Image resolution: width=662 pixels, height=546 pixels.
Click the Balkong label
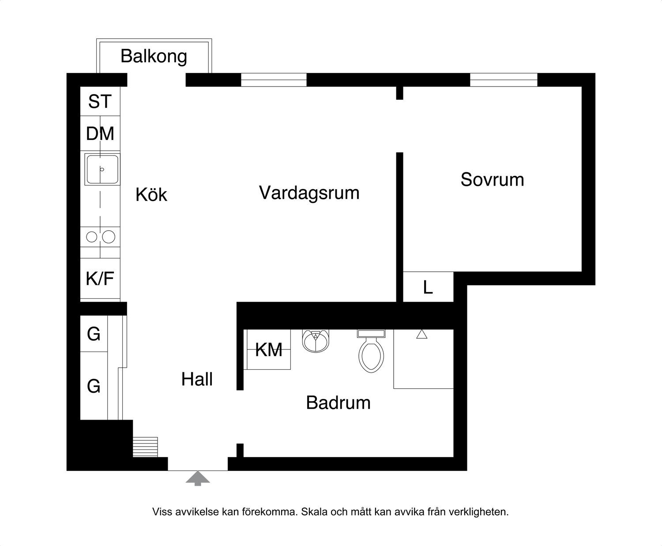click(154, 57)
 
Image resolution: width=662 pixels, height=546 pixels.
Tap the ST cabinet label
click(100, 102)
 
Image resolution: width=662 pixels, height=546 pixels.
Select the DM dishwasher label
click(100, 133)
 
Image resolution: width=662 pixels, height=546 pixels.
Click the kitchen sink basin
click(102, 169)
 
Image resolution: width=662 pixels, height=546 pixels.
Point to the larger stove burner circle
click(109, 237)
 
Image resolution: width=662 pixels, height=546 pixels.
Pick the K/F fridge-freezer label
click(100, 278)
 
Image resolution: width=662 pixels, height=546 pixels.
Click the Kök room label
click(151, 194)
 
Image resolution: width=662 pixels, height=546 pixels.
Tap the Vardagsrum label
click(309, 193)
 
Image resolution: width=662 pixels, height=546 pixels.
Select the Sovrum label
click(492, 179)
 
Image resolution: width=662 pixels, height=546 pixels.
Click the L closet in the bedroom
click(428, 287)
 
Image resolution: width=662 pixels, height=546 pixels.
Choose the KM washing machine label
click(269, 350)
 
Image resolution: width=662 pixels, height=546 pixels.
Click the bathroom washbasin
click(316, 341)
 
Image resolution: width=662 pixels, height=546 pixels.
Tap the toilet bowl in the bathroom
click(371, 355)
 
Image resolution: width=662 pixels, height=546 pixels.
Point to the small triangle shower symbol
click(421, 334)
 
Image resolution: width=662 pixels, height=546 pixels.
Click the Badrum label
click(339, 402)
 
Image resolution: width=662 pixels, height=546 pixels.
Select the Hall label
click(197, 379)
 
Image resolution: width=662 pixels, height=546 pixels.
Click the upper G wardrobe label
click(94, 334)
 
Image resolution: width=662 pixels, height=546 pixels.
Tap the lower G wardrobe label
click(94, 387)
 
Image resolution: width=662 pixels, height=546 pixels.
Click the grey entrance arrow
click(198, 478)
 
